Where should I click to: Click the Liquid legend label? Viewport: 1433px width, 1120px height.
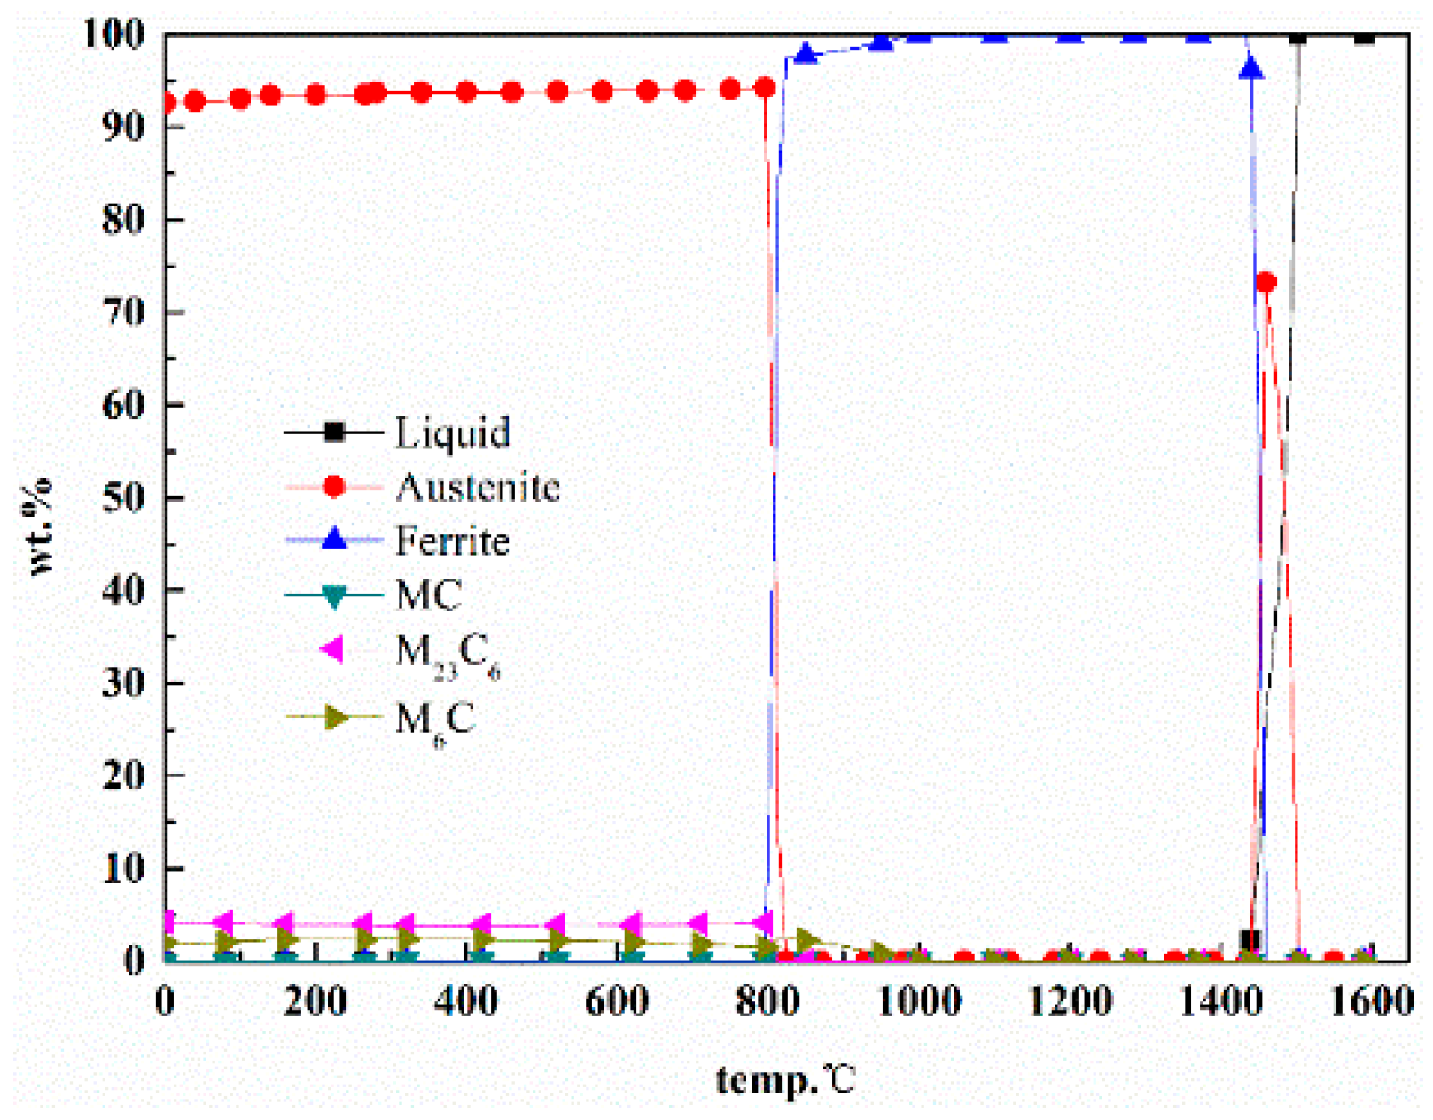(452, 432)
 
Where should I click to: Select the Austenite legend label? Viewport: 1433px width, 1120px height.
(478, 486)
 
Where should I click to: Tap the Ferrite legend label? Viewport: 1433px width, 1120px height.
(452, 541)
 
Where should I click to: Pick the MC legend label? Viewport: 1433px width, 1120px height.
(428, 595)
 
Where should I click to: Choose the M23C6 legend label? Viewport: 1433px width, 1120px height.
(448, 655)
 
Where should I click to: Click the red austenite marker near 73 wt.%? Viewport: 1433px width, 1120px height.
(1266, 282)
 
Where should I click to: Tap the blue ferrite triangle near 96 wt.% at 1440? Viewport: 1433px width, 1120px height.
(1250, 67)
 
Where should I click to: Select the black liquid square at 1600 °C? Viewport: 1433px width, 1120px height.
(1365, 36)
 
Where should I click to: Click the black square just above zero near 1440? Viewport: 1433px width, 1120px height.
(1250, 940)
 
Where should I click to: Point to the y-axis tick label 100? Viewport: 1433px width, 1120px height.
(113, 35)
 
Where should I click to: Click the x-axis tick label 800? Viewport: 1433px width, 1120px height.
(767, 1001)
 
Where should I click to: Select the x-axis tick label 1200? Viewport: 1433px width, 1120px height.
(1069, 1001)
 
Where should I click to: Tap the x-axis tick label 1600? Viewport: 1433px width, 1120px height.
(1372, 1001)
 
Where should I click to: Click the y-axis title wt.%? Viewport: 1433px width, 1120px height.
(40, 527)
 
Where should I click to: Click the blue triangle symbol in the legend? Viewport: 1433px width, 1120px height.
(334, 539)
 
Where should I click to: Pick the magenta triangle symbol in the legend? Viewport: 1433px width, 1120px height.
(332, 649)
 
